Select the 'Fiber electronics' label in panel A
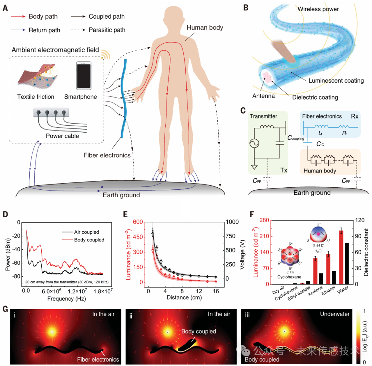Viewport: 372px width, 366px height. click(x=107, y=155)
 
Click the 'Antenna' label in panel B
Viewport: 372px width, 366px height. click(x=263, y=96)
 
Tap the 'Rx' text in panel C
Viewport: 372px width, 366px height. click(x=354, y=116)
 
